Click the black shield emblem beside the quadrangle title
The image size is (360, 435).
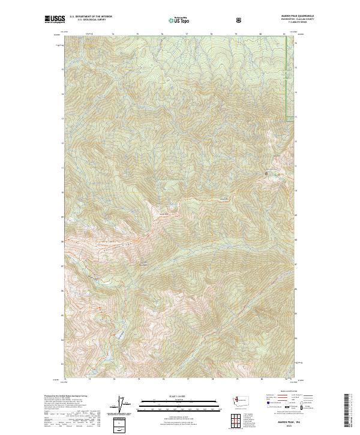click(240, 20)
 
